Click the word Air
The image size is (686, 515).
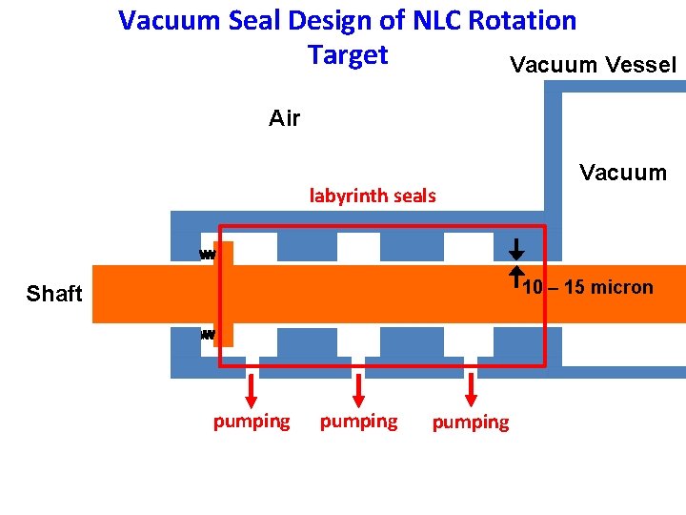[284, 118]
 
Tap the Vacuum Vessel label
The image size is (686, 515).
[593, 65]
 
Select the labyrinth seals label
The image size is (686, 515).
[373, 196]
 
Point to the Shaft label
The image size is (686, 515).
[54, 294]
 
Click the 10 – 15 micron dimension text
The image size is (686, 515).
[589, 287]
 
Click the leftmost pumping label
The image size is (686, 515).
[252, 421]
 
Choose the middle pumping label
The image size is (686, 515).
[359, 421]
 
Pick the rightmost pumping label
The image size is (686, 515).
[471, 422]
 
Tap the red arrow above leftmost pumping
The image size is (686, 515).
[252, 389]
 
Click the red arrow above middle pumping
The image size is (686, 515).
[359, 389]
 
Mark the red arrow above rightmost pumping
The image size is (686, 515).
[471, 389]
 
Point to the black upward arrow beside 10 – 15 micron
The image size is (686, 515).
[515, 277]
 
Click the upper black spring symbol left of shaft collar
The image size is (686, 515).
[208, 255]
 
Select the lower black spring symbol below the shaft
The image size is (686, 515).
[208, 335]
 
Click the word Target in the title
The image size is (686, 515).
[348, 55]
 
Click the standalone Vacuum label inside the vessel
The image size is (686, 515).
[623, 173]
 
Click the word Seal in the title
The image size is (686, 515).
[252, 21]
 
